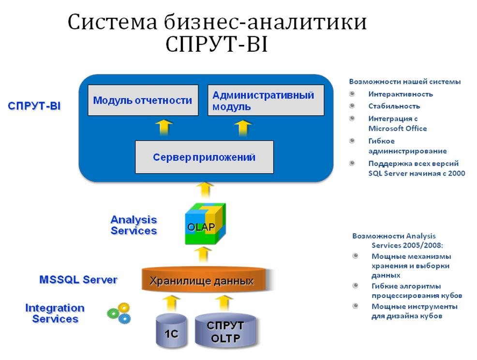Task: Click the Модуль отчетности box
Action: point(143,100)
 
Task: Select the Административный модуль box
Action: point(266,100)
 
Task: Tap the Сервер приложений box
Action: point(204,157)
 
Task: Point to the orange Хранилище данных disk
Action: point(201,280)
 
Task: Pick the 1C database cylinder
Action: point(171,332)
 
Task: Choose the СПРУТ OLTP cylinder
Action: point(225,331)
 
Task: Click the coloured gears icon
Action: point(119,313)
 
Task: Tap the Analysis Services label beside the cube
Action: point(134,225)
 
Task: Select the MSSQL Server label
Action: point(78,280)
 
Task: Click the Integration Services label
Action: point(54,313)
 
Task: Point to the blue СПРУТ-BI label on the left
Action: point(34,106)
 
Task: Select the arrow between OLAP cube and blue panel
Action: point(205,189)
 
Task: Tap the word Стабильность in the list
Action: point(394,106)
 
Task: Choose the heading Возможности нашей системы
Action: point(404,82)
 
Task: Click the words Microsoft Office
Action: point(397,128)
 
